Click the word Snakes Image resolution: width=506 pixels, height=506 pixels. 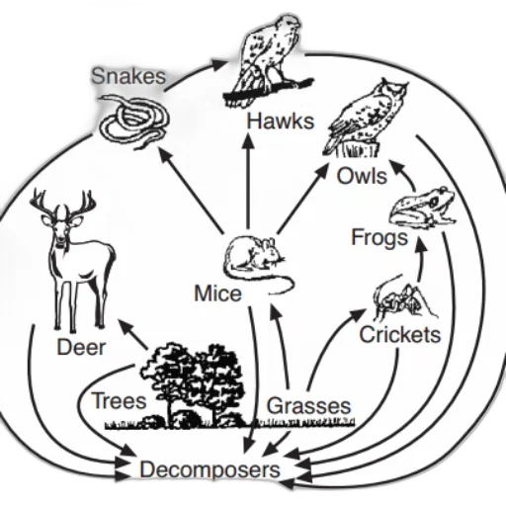pyautogui.click(x=128, y=76)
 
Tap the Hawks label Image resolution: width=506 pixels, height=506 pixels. pyautogui.click(x=281, y=122)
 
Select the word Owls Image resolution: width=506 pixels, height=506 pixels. pyautogui.click(x=362, y=176)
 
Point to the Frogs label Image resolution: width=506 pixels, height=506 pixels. pyautogui.click(x=379, y=238)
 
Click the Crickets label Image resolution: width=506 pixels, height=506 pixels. pyautogui.click(x=400, y=335)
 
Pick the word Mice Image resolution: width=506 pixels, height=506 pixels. pyautogui.click(x=217, y=294)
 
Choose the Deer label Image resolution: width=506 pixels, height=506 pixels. pyautogui.click(x=81, y=347)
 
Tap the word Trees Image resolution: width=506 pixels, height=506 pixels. pyautogui.click(x=119, y=400)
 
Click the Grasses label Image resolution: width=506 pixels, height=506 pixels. pyautogui.click(x=309, y=406)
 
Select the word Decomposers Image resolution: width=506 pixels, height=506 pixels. pyautogui.click(x=211, y=469)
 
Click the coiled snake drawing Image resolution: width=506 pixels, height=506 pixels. pyautogui.click(x=134, y=122)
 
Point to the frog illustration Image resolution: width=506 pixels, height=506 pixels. pyautogui.click(x=422, y=207)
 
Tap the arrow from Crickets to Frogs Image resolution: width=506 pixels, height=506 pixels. pyautogui.click(x=420, y=260)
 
